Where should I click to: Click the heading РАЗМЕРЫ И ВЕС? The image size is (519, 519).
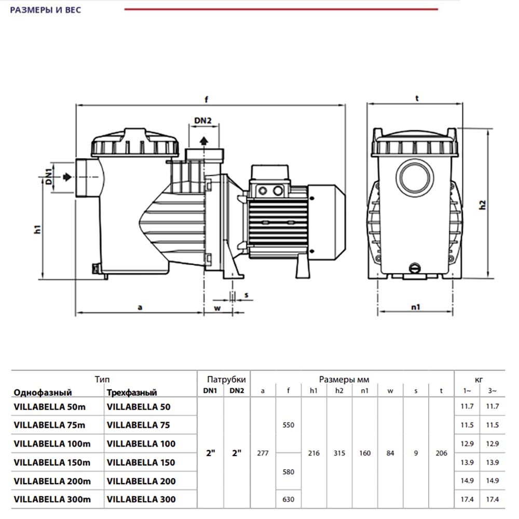[x=46, y=10]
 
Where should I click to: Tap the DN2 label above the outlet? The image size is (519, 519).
[x=203, y=121]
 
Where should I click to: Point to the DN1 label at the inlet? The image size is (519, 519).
[x=48, y=177]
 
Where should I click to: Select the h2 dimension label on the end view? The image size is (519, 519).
[x=482, y=204]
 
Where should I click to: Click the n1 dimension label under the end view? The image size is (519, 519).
[x=415, y=307]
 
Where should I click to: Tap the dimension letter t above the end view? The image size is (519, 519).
[x=417, y=98]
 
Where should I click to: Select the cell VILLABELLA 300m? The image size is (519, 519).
[x=52, y=499]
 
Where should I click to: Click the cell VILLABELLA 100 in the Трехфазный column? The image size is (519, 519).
[x=141, y=444]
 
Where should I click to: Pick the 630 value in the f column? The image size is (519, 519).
[x=288, y=499]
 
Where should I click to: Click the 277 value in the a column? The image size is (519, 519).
[x=263, y=453]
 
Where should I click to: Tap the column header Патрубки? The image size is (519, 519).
[x=223, y=379]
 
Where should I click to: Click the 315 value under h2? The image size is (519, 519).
[x=339, y=453]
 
